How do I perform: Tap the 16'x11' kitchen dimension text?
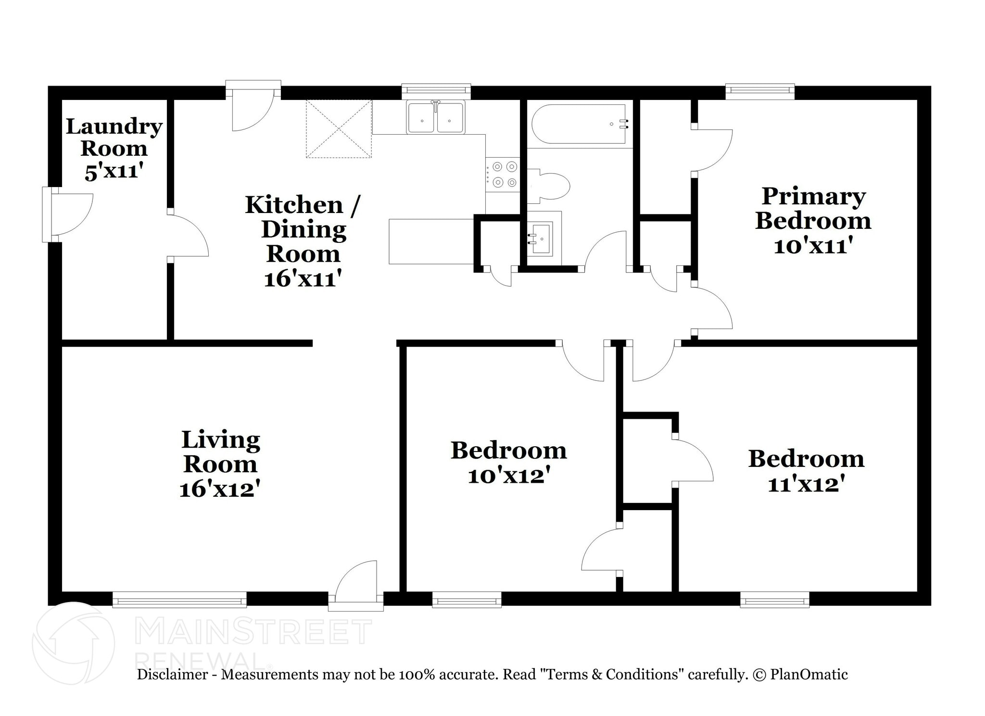coord(303,278)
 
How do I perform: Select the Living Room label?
coord(221,452)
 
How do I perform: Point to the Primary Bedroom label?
coord(813,208)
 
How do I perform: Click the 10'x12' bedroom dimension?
coord(509,476)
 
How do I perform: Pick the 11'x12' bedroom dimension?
coord(806,484)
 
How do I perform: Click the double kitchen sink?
coord(436,118)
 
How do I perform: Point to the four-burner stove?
coord(503,175)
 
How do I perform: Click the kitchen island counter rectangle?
coord(431,241)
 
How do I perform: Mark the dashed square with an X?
coord(339,128)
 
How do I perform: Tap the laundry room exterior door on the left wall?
coord(68,214)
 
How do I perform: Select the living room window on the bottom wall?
coord(179,599)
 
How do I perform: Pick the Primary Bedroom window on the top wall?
coord(760,91)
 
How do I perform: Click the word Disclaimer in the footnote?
coord(173,675)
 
